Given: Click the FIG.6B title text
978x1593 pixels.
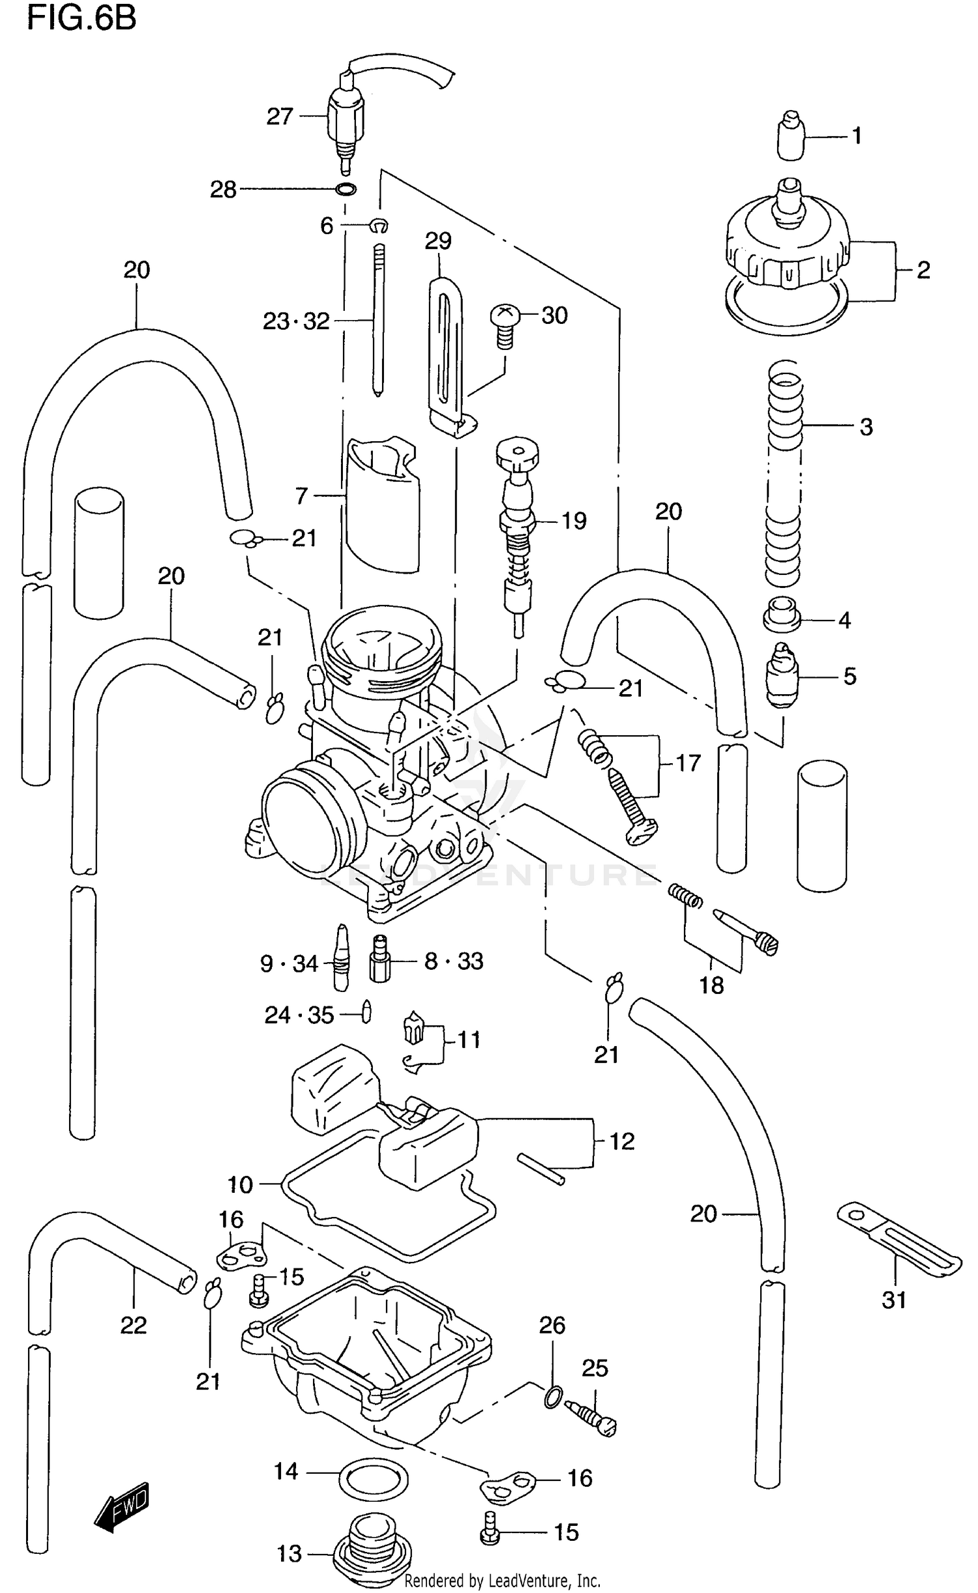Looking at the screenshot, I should click(x=81, y=18).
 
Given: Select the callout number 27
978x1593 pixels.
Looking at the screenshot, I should click(x=280, y=117).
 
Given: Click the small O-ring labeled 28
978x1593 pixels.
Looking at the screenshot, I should click(x=346, y=190).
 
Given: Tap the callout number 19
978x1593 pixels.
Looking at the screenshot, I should click(x=574, y=521).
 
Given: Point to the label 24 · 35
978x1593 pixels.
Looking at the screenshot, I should click(x=299, y=1015).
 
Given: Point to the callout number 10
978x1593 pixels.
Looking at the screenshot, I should click(x=240, y=1184).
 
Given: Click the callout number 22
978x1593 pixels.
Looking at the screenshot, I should click(x=133, y=1324).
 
